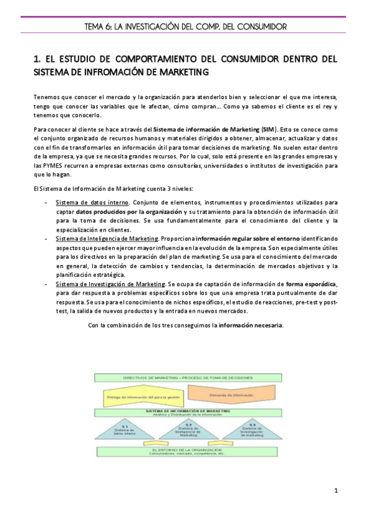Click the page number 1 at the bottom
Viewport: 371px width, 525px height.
[x=335, y=492]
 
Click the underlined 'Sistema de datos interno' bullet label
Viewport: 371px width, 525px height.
[x=92, y=202]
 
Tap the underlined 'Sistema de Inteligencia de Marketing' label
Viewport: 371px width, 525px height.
[x=107, y=238]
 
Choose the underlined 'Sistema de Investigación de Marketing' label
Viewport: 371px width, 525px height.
[x=110, y=284]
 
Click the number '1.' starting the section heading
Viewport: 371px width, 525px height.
[x=37, y=59]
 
